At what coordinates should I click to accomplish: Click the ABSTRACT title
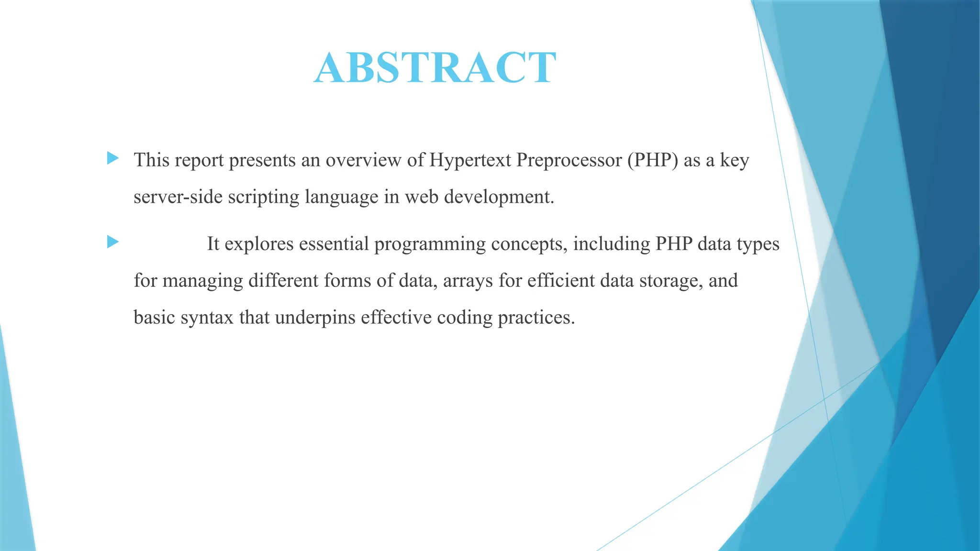click(435, 67)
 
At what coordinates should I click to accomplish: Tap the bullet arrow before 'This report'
click(113, 158)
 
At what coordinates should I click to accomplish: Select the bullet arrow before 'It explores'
click(113, 242)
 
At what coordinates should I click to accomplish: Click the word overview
click(363, 160)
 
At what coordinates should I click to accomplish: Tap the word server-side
click(178, 197)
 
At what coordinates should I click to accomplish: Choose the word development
click(499, 197)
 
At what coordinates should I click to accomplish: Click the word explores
click(259, 244)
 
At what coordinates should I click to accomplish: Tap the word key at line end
click(735, 160)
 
